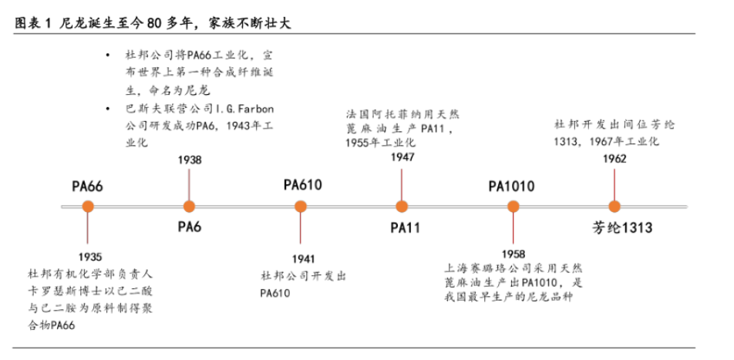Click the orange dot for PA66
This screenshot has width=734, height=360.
click(87, 207)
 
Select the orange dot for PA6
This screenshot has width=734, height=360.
click(189, 207)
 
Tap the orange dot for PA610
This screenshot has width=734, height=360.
click(301, 207)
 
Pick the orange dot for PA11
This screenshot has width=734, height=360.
click(402, 207)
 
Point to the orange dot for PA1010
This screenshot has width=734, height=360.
click(513, 207)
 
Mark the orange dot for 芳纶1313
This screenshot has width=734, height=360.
click(614, 207)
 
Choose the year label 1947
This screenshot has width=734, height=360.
click(402, 156)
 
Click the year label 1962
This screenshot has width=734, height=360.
click(614, 159)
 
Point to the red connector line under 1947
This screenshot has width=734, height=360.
click(402, 182)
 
